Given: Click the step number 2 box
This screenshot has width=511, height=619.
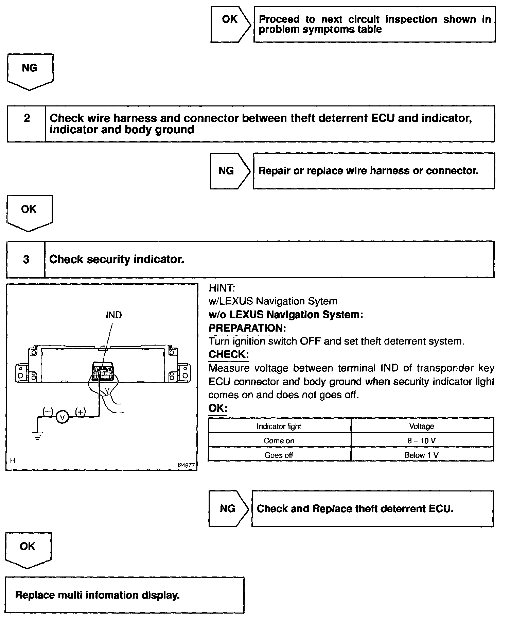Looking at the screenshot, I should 27,123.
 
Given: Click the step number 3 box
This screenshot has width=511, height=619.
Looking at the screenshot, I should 26,259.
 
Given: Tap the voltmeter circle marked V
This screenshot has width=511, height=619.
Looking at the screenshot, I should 62,416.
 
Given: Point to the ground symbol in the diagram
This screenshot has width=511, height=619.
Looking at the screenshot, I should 37,435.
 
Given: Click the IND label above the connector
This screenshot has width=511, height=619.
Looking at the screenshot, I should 113,315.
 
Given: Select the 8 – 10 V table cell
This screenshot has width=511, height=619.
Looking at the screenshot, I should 422,440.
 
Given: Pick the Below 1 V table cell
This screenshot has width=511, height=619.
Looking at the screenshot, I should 422,455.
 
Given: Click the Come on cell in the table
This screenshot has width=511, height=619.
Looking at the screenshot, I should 279,440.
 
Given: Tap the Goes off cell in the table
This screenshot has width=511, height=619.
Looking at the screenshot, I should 279,455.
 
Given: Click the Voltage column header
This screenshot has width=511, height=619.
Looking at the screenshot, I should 422,426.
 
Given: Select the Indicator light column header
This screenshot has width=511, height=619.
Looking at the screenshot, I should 279,426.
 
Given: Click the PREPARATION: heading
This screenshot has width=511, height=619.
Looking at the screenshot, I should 247,328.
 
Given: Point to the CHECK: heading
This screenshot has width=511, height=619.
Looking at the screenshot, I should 229,354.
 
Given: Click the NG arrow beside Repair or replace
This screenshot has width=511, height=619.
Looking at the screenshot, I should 229,171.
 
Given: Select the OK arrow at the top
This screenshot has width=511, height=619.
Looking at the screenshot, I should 230,24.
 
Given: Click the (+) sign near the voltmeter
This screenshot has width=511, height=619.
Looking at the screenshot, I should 81,412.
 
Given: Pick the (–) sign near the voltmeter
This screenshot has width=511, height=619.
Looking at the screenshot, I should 48,412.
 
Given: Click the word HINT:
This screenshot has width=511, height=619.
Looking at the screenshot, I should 222,288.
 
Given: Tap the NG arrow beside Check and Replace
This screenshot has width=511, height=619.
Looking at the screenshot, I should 228,508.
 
